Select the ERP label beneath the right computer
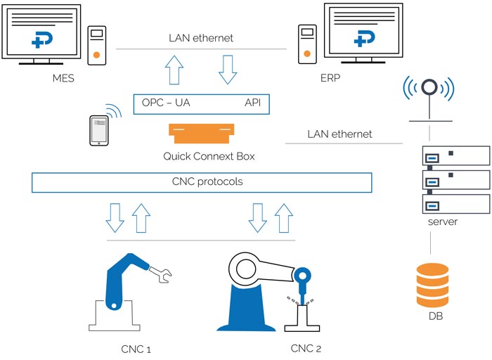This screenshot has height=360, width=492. click(x=330, y=78)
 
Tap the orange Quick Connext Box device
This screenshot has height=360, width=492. click(x=202, y=132)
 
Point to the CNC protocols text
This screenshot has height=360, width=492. click(x=202, y=182)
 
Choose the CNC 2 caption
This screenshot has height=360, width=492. click(x=306, y=348)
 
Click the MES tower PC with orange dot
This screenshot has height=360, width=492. click(x=98, y=46)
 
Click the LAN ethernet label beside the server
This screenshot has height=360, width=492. click(x=339, y=134)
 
